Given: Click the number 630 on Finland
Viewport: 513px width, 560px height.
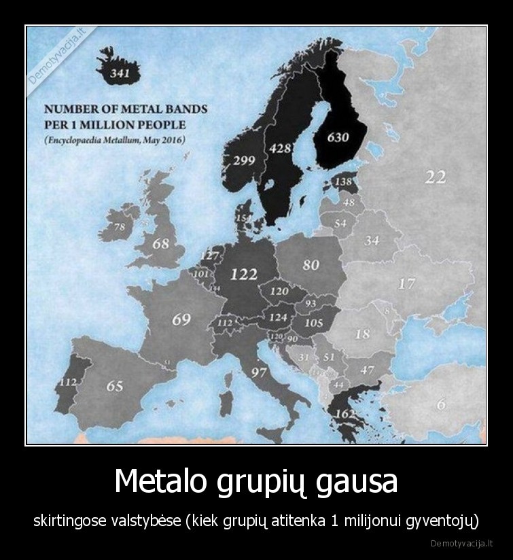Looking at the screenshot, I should pyautogui.click(x=338, y=137).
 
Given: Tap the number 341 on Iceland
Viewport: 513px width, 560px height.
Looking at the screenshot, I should pyautogui.click(x=120, y=73).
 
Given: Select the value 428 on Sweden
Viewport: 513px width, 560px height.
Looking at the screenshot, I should pyautogui.click(x=280, y=148).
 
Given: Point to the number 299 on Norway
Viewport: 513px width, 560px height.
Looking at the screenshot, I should pyautogui.click(x=244, y=161).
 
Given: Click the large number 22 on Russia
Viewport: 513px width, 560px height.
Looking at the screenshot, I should pyautogui.click(x=436, y=177).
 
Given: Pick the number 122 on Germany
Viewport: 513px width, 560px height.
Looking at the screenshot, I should pyautogui.click(x=244, y=274).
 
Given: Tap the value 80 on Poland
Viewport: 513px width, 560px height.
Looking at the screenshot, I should pyautogui.click(x=311, y=264).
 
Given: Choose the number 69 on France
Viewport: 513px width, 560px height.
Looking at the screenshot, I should pyautogui.click(x=181, y=319).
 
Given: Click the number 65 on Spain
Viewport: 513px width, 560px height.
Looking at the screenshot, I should pyautogui.click(x=115, y=386).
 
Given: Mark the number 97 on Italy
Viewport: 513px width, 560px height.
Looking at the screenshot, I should pyautogui.click(x=258, y=372).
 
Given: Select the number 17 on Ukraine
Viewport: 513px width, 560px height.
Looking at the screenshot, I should pyautogui.click(x=407, y=283).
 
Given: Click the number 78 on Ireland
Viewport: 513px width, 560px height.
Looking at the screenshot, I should pyautogui.click(x=119, y=227).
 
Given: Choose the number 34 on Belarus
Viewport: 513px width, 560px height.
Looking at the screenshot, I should pyautogui.click(x=372, y=241).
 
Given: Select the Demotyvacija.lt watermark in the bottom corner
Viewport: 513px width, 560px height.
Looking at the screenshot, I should pyautogui.click(x=462, y=544).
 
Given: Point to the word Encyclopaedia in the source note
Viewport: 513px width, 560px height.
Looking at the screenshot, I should pyautogui.click(x=75, y=141).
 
